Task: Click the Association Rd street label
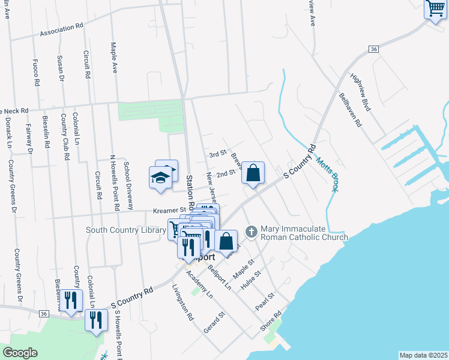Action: click(x=61, y=28)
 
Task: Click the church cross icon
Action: click(x=252, y=230)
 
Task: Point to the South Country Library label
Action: click(x=126, y=230)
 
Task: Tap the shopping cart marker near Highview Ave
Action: click(x=435, y=9)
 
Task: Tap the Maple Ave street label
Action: click(x=113, y=58)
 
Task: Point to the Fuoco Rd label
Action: click(x=37, y=71)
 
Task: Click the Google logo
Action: click(x=20, y=353)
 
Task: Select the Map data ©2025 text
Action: click(x=423, y=355)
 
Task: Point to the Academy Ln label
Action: click(x=199, y=284)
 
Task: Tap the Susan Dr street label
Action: click(x=60, y=68)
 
